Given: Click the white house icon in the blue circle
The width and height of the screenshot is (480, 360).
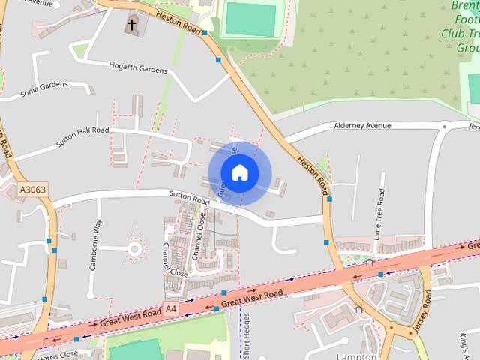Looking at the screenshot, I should pos(239,173).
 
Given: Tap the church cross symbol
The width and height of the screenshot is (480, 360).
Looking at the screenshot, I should pos(132,25).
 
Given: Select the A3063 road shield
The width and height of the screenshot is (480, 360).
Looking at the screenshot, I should pos(33,190).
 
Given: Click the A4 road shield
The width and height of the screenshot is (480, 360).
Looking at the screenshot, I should pos(172,308).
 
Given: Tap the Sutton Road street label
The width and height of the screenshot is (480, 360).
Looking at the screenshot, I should pos(188,200).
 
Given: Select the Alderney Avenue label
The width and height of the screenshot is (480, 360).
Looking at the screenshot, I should pos(363,124).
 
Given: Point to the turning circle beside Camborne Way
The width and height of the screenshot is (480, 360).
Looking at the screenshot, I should pos(134,248).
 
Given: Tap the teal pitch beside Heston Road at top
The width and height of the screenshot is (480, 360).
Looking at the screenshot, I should pos(250,19).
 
